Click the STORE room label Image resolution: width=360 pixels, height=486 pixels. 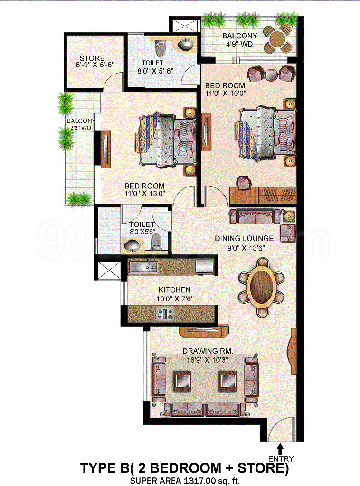click(92, 58)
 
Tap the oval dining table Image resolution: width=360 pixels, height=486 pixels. click(261, 286)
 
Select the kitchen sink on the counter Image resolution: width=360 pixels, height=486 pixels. click(143, 267)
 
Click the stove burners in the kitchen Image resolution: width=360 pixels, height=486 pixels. click(165, 314)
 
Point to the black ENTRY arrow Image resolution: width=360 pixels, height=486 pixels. click(281, 449)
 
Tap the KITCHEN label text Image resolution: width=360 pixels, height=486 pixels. click(175, 290)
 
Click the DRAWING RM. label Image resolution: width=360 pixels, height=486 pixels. click(208, 351)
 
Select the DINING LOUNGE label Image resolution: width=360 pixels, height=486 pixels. click(244, 238)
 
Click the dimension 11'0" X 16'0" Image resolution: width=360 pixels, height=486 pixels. click(226, 93)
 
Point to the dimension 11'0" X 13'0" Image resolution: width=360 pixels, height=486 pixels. click(145, 194)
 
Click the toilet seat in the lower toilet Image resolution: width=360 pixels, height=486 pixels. click(156, 242)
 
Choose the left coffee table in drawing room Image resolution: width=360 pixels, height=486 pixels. click(182, 380)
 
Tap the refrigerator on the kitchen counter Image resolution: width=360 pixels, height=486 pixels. click(205, 267)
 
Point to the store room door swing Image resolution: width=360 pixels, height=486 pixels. click(114, 81)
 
